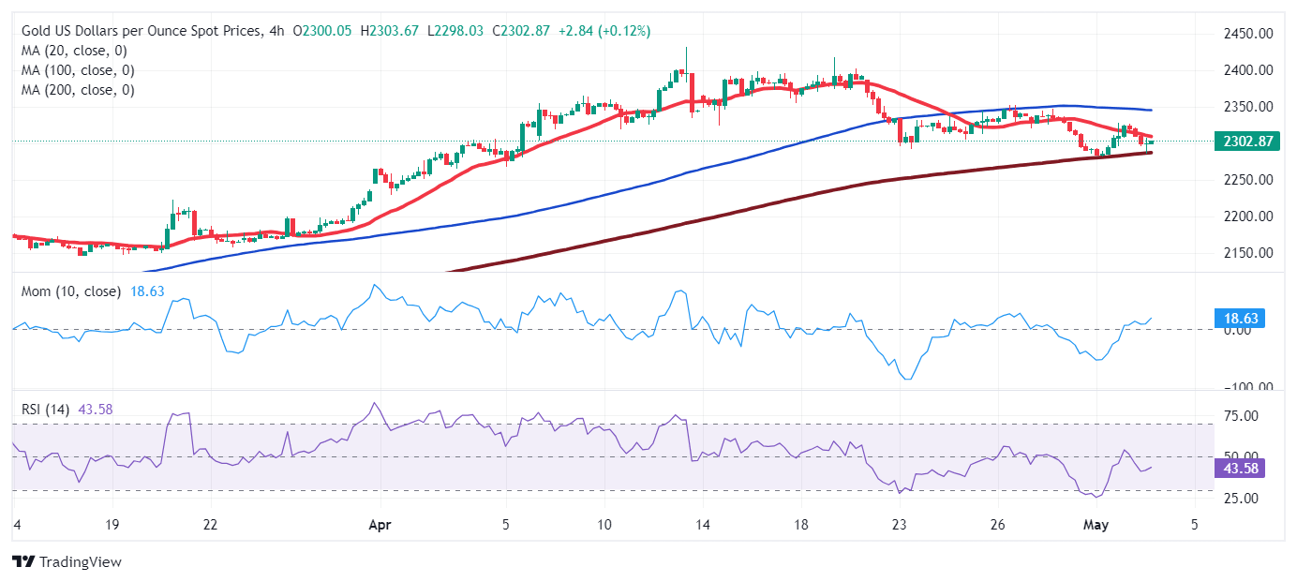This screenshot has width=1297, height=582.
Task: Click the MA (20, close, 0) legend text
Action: (x=74, y=51)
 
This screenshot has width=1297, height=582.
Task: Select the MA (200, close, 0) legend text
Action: (x=78, y=90)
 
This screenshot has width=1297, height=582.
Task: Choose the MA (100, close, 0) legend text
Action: (x=78, y=70)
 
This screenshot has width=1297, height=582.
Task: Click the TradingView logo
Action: (x=67, y=562)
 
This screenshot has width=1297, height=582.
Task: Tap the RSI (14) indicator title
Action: (x=48, y=409)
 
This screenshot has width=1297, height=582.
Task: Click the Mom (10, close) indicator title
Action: (x=71, y=291)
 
